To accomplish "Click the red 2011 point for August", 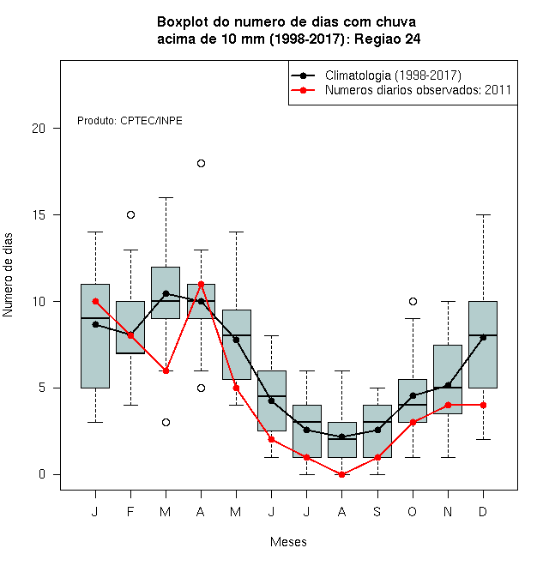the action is [x=342, y=475].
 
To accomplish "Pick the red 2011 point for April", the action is [x=202, y=285].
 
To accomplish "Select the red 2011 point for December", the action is [x=483, y=406].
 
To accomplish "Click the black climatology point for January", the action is [x=95, y=324].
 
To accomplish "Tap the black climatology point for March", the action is [x=166, y=293].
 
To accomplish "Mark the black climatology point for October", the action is [x=413, y=395].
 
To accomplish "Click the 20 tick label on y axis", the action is [x=39, y=128].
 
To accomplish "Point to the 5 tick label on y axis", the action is [x=42, y=388].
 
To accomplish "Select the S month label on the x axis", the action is [x=377, y=512].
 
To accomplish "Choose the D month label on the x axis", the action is [x=483, y=512].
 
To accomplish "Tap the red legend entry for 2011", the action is [x=401, y=90].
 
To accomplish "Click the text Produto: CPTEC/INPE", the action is [x=130, y=121].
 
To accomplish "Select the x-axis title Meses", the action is [x=288, y=542].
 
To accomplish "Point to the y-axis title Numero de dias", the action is [x=8, y=275].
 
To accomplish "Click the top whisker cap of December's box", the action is [x=483, y=214].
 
